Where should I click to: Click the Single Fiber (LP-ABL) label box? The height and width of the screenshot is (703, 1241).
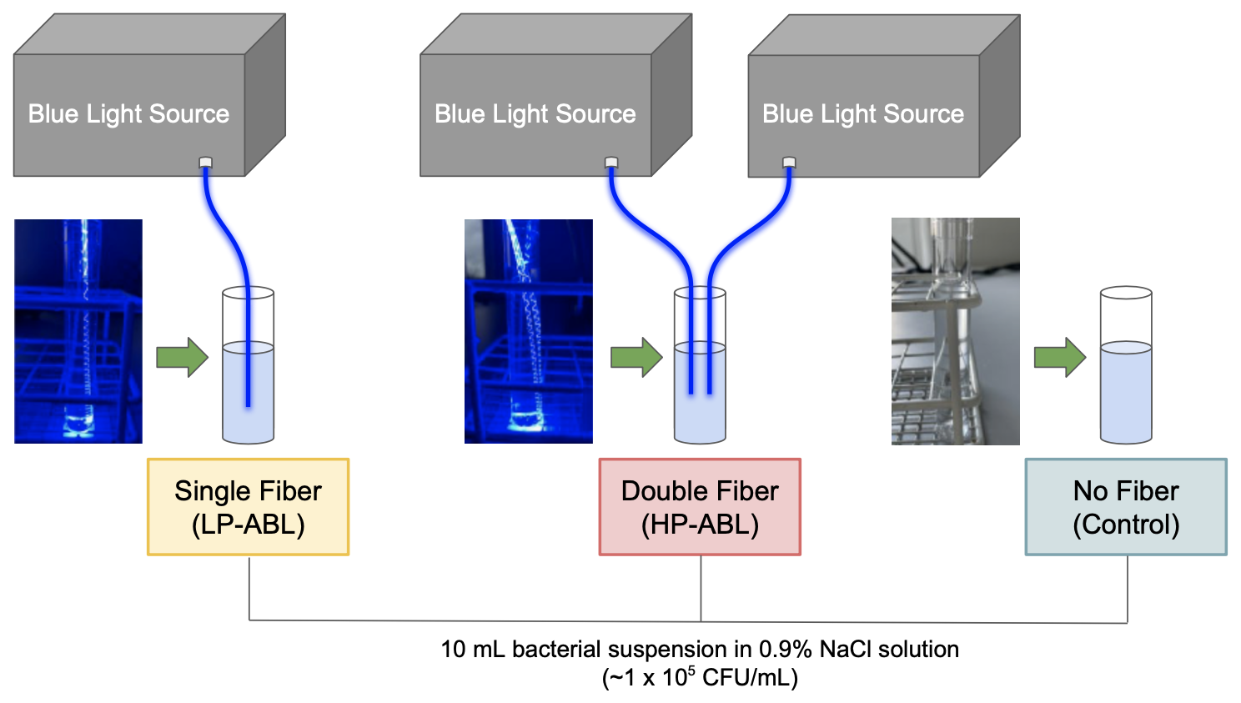248,507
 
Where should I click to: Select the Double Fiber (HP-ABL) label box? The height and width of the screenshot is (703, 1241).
700,507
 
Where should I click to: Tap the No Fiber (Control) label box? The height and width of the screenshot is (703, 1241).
1126,507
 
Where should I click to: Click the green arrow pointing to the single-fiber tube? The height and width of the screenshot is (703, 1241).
182,358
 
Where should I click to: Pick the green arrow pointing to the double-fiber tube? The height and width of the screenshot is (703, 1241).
636,358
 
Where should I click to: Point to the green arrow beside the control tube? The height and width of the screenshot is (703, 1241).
1060,358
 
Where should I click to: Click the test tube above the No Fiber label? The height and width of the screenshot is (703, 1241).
1126,367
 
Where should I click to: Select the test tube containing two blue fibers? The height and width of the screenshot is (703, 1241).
700,367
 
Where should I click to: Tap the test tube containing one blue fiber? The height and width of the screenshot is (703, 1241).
248,367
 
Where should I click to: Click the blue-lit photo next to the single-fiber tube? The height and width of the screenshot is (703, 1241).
78,331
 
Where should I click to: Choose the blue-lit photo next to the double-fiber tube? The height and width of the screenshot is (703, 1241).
529,331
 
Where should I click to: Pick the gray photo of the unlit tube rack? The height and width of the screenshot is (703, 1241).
956,331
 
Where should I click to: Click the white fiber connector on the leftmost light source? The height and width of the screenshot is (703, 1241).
206,163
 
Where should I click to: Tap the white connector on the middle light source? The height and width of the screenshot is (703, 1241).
611,162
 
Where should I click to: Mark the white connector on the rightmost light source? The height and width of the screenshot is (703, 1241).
789,163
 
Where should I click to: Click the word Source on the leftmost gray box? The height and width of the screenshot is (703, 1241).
191,114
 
